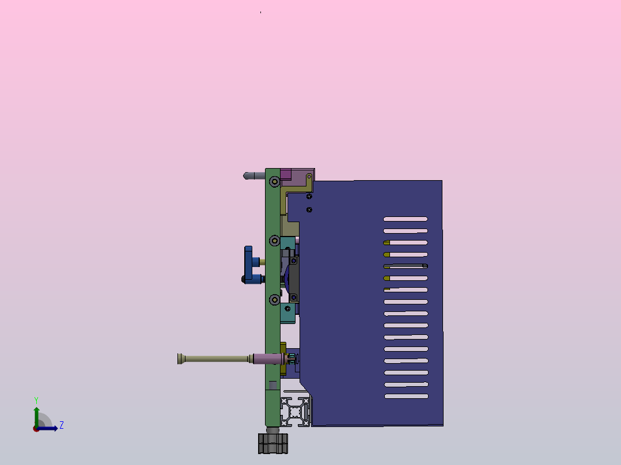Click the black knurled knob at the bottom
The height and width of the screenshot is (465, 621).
[272, 443]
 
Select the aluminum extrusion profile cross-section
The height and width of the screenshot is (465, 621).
[296, 411]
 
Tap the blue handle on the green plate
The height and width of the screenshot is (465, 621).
[249, 264]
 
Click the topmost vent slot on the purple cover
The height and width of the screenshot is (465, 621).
[406, 219]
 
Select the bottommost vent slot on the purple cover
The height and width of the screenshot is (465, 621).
[406, 397]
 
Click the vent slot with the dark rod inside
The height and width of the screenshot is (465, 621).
[406, 266]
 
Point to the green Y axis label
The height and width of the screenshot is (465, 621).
[36, 399]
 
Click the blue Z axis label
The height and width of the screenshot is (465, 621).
[61, 425]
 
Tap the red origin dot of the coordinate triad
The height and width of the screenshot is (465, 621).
[36, 429]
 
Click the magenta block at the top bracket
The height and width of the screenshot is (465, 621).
[286, 174]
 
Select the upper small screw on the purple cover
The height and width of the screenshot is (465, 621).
[309, 197]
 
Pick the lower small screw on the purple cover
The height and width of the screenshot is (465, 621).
[309, 209]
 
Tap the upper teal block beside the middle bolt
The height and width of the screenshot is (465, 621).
[287, 243]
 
